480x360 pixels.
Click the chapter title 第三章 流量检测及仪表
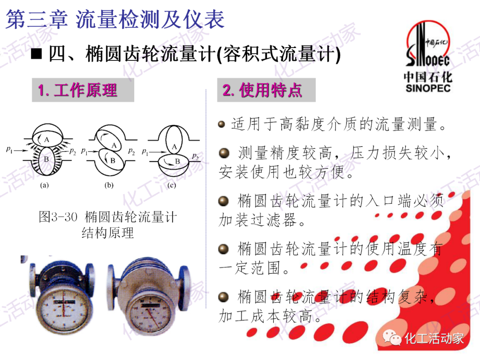click(x=115, y=20)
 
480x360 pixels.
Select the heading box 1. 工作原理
click(x=83, y=91)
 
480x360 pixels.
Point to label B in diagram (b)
click(x=112, y=160)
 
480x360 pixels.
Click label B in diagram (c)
click(x=177, y=161)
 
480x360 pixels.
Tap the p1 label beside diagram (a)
click(x=9, y=151)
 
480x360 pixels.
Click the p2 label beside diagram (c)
click(x=196, y=156)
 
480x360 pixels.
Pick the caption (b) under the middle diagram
click(x=109, y=185)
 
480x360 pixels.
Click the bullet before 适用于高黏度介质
click(x=222, y=124)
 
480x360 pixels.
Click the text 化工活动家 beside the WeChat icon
click(x=433, y=339)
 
